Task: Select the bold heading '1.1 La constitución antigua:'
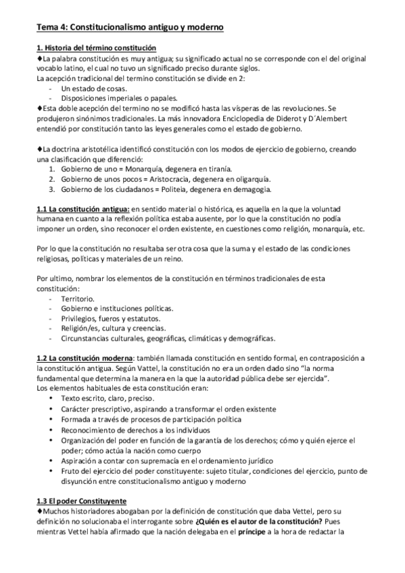[82, 209]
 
